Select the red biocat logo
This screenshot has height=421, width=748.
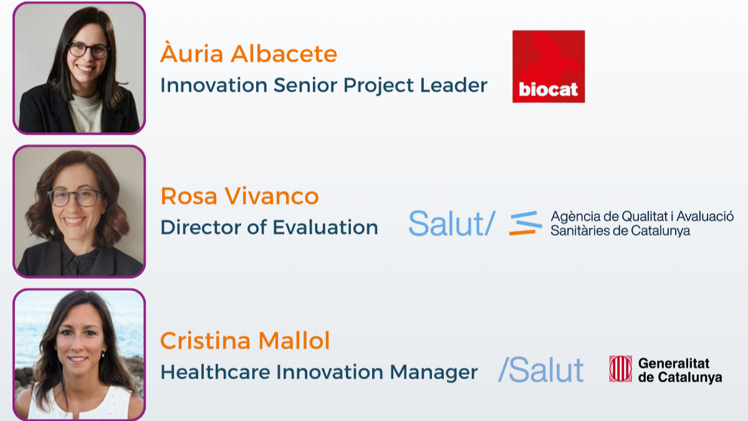point(549,67)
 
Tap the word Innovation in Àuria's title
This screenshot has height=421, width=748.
point(214,85)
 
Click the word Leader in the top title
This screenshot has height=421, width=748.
point(454,85)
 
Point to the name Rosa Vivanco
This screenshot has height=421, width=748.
point(239,196)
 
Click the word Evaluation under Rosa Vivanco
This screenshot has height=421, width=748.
point(325,227)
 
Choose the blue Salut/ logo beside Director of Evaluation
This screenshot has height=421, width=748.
point(452,223)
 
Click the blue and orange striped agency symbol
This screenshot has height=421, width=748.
point(525,223)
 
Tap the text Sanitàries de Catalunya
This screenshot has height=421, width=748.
point(620,231)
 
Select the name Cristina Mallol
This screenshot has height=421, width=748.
point(245,341)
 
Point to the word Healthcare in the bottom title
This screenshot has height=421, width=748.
point(215,372)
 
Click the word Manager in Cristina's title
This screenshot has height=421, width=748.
point(434,372)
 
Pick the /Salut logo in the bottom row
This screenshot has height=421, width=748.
point(541,369)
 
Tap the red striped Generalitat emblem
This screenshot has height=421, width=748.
point(620,369)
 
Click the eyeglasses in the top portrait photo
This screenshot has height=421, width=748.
point(89,51)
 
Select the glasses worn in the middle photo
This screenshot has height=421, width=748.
point(74,198)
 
